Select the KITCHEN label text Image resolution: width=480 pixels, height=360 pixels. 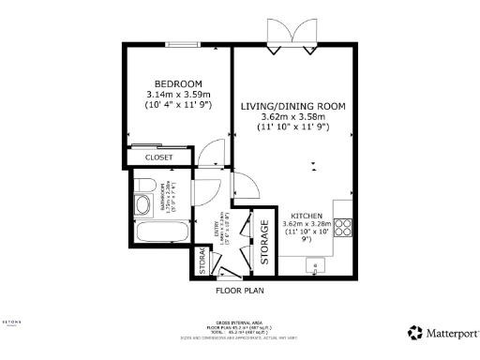point(307,215)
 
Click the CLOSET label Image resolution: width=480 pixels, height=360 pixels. point(158,157)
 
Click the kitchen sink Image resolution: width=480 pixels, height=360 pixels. point(320,265)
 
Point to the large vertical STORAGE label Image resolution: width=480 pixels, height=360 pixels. point(264,241)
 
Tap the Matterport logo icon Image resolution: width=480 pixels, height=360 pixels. point(413,332)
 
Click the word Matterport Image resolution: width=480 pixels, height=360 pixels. point(450,332)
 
